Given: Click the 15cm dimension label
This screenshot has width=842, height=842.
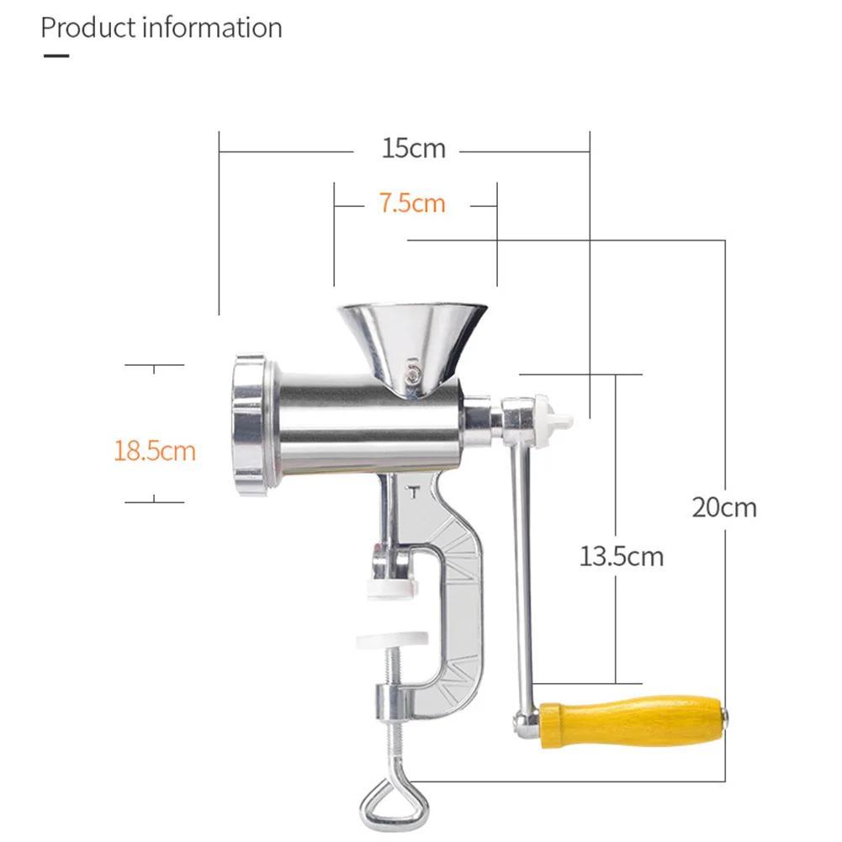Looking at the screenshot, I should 413,149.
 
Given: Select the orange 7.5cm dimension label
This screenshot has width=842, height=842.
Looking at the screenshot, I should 411,204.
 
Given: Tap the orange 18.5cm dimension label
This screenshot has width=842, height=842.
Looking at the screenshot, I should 155,450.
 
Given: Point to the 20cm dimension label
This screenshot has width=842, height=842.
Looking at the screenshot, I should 723,507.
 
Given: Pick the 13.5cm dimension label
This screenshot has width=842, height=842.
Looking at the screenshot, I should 621,556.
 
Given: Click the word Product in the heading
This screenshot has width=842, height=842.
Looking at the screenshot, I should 88,28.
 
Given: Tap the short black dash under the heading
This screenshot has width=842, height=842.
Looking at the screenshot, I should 56,56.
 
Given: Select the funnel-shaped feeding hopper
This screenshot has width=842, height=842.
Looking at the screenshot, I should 412,336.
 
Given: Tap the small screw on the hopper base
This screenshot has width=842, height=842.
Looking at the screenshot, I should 413,377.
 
